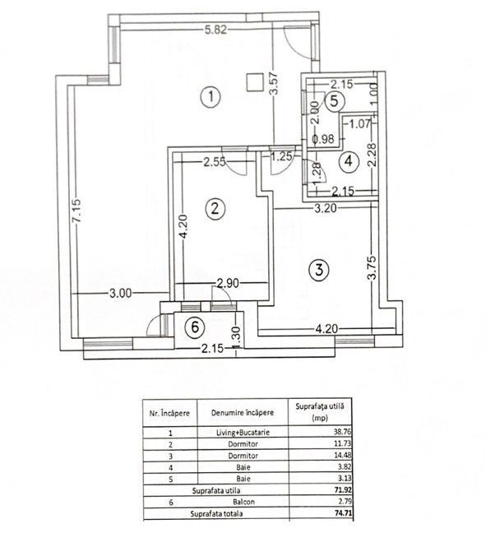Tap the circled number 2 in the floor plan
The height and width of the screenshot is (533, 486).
tap(214, 208)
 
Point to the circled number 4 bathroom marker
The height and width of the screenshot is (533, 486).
tap(349, 160)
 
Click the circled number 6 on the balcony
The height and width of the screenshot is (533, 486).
tap(194, 327)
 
